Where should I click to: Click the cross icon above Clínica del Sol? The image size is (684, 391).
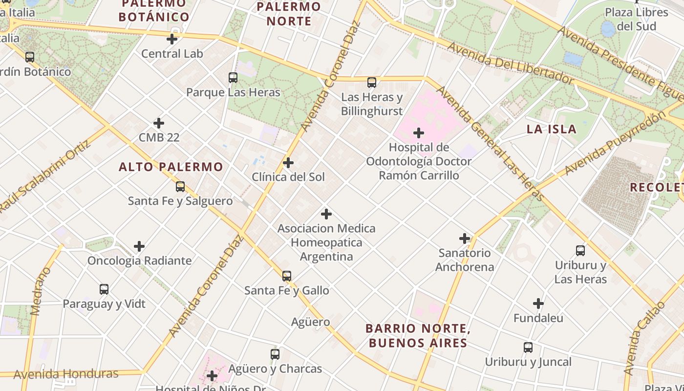point(288,163)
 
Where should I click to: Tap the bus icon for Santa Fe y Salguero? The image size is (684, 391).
point(180,186)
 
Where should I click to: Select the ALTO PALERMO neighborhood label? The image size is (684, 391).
point(171,167)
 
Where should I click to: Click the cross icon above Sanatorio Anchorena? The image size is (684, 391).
point(465,239)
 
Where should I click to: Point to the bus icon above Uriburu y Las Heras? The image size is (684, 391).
point(580,251)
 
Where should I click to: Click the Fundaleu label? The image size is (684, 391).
point(538,318)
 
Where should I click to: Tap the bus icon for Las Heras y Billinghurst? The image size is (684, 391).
point(372,83)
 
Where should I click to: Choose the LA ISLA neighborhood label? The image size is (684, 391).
point(551,130)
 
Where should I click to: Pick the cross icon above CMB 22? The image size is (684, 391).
point(159,123)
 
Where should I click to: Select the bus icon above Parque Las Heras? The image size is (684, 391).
point(233,78)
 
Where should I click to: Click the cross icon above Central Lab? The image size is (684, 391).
point(172,39)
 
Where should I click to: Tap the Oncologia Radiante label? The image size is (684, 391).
point(139,261)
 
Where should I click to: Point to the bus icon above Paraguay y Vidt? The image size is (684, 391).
point(104,289)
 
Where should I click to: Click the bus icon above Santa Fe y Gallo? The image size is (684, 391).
point(287,276)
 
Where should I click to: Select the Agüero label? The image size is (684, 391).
point(310,322)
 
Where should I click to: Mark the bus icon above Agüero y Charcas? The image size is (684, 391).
point(275,354)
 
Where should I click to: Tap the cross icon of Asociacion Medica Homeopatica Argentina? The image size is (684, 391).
point(326,214)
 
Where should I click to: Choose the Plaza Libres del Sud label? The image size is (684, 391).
point(636,19)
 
